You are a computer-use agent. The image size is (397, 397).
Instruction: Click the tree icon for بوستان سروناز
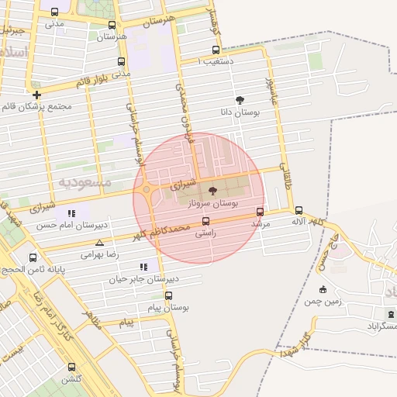pyautogui.click(x=212, y=191)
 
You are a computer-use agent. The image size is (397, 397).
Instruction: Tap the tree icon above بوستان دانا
pyautogui.click(x=240, y=100)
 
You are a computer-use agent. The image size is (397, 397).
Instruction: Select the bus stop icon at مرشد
pyautogui.click(x=259, y=211)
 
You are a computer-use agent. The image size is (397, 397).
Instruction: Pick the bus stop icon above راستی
pyautogui.click(x=205, y=220)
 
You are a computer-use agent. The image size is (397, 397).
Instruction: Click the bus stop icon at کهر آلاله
pyautogui.click(x=299, y=210)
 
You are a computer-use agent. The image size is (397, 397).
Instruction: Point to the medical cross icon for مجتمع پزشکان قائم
pyautogui.click(x=36, y=95)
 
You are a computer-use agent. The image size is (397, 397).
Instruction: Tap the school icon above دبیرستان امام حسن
pyautogui.click(x=71, y=213)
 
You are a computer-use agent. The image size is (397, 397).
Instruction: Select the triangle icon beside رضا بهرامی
pyautogui.click(x=99, y=243)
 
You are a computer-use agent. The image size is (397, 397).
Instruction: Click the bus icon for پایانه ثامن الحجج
pyautogui.click(x=33, y=257)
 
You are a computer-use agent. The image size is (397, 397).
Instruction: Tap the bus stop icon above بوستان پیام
pyautogui.click(x=169, y=295)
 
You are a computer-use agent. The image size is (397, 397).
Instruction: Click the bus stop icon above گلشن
pyautogui.click(x=71, y=367)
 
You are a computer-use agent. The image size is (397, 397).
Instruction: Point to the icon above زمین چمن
pyautogui.click(x=323, y=290)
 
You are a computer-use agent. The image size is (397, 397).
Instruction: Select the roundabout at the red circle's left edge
pyautogui.click(x=146, y=189)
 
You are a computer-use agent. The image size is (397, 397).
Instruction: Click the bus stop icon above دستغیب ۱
pyautogui.click(x=216, y=49)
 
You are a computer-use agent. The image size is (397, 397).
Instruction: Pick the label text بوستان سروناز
pyautogui.click(x=213, y=202)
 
